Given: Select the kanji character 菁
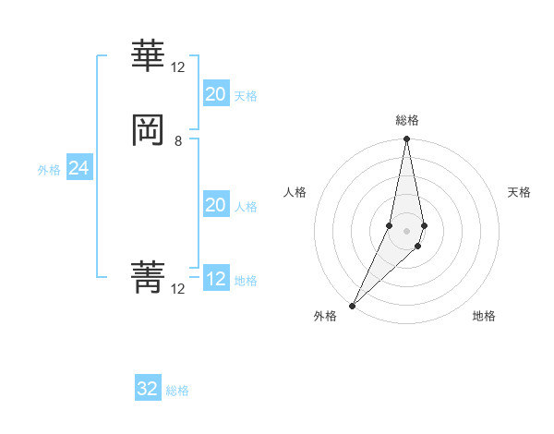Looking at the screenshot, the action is (x=148, y=276).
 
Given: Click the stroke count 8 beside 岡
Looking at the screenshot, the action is (x=178, y=141).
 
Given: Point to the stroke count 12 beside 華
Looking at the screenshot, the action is (x=178, y=67).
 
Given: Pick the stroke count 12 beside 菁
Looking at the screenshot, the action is (x=178, y=289).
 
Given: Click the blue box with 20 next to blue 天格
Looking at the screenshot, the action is (x=215, y=94).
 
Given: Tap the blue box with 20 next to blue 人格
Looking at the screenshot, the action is (x=215, y=205).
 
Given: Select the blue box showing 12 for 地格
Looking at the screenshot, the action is (x=215, y=279).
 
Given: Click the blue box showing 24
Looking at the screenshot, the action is (x=78, y=168).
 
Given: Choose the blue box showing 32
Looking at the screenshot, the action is (x=148, y=389).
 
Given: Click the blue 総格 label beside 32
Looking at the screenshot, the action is (x=177, y=391).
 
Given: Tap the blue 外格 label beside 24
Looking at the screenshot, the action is (x=49, y=170).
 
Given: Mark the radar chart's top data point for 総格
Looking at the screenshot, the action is (x=406, y=139).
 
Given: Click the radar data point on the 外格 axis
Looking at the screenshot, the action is (x=352, y=305).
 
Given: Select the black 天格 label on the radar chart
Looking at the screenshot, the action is (x=519, y=192).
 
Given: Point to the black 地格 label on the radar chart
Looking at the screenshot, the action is (x=484, y=316).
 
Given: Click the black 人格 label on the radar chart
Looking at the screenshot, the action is (x=295, y=192).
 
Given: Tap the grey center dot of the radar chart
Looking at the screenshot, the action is (x=406, y=230).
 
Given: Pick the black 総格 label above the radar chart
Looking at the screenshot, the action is (x=406, y=120).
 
